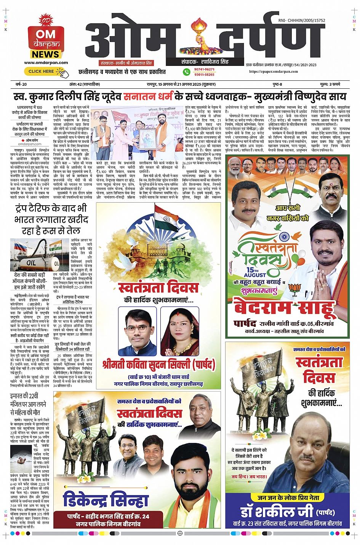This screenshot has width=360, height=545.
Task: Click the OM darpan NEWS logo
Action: click(46, 38)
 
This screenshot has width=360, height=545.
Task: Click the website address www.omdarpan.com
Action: click(46, 63)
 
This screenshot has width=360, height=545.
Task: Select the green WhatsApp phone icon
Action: click(187, 72)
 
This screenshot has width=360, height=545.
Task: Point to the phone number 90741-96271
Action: click(204, 69)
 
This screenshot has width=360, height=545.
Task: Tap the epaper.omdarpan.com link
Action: click(274, 71)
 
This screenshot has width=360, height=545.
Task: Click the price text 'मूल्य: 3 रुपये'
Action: click(330, 84)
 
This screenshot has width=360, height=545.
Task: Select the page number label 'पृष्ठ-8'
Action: click(277, 84)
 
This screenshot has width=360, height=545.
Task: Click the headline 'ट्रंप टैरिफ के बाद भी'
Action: click(51, 208)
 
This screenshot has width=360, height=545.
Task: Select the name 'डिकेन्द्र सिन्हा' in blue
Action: click(106, 500)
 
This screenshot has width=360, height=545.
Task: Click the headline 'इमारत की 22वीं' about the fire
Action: click(24, 396)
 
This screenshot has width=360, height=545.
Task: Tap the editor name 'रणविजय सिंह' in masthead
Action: click(214, 62)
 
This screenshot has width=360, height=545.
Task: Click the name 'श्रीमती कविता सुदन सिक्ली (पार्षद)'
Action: click(158, 365)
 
